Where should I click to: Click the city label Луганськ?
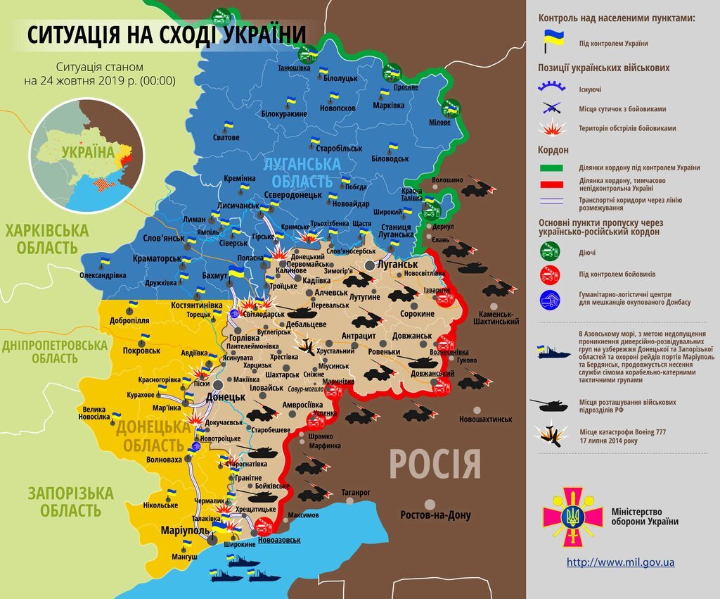[397, 264]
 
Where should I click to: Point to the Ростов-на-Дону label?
[436, 515]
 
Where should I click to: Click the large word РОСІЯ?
[435, 465]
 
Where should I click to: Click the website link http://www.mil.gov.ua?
[620, 562]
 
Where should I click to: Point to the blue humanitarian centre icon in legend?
[549, 299]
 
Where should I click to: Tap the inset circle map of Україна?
[86, 155]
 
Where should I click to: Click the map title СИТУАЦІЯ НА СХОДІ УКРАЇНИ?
[167, 34]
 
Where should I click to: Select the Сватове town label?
[226, 137]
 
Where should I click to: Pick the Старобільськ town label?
[339, 149]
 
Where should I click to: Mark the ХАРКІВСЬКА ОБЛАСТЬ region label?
[47, 239]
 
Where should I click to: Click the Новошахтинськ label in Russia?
[485, 420]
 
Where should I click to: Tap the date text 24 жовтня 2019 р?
[99, 81]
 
